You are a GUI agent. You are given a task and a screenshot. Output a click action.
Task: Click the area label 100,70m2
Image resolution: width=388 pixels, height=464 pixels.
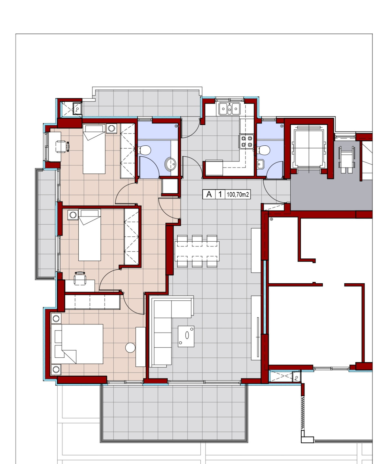[237, 195]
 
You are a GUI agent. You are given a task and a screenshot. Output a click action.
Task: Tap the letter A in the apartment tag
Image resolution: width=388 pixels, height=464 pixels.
[209, 194]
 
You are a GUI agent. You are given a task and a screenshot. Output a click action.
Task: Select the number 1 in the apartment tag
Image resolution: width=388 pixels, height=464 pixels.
[220, 194]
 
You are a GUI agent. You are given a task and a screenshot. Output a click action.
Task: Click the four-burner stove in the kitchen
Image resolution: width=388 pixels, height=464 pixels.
[247, 141]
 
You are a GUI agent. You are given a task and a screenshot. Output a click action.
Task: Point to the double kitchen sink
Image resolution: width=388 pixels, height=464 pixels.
[229, 109]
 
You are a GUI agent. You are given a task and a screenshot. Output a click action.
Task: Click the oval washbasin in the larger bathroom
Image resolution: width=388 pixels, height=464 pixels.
[170, 164]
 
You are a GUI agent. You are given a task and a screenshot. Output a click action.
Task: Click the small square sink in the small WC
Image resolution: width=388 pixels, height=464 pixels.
[260, 164]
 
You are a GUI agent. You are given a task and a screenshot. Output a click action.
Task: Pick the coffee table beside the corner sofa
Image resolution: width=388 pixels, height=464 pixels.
[186, 336]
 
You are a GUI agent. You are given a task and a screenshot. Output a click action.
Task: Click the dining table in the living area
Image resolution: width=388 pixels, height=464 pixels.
[197, 251]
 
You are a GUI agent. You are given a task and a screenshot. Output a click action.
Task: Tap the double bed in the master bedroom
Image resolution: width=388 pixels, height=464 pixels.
[77, 344]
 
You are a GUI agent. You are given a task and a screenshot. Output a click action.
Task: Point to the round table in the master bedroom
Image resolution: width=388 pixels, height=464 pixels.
[130, 348]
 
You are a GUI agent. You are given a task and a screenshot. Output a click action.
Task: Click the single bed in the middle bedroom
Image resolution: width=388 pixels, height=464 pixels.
[90, 235]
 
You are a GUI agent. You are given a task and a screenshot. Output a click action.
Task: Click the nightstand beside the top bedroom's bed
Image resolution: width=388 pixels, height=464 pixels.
[112, 129]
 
